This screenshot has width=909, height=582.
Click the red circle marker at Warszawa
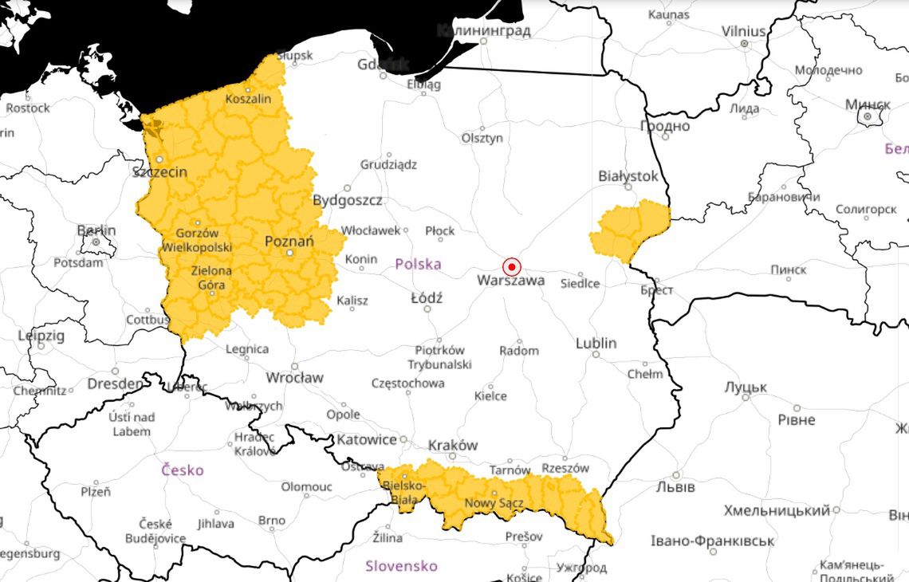click(x=512, y=266)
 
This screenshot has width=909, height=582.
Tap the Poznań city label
click(x=289, y=242)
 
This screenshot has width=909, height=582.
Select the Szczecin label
click(x=159, y=172)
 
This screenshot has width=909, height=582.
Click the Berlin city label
click(x=96, y=230)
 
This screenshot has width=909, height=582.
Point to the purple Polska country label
click(x=418, y=264)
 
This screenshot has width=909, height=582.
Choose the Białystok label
click(x=628, y=175)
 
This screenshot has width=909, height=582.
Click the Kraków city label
click(x=453, y=445)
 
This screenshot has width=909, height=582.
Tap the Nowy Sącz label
click(x=492, y=503)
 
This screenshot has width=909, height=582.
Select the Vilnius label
click(x=743, y=31)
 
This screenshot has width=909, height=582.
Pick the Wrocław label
click(x=294, y=377)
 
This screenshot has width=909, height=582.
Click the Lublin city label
click(x=596, y=343)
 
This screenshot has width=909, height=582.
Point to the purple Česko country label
click(x=182, y=470)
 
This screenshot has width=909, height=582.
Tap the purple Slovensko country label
click(x=401, y=566)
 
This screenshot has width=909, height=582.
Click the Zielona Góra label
click(x=211, y=277)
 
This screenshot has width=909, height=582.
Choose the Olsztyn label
click(x=482, y=138)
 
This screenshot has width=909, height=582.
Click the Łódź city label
click(x=426, y=297)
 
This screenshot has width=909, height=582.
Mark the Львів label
click(x=675, y=486)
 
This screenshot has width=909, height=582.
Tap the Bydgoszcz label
click(x=347, y=199)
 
